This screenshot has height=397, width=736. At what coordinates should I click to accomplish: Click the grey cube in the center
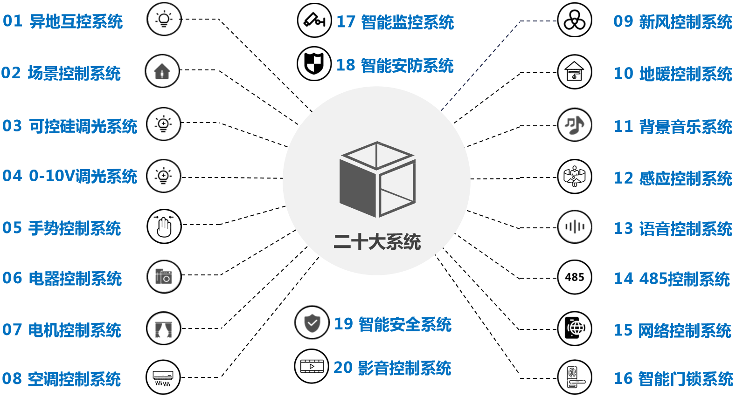point(377,179)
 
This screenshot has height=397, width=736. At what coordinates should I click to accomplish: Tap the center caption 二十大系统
point(377,242)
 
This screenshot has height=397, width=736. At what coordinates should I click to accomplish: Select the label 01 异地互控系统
point(63,22)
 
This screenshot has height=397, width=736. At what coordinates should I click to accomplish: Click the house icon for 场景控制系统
point(162,71)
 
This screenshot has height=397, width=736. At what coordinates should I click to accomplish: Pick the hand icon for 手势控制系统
point(164,226)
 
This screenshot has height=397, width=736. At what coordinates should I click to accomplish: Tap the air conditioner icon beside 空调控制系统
point(163,377)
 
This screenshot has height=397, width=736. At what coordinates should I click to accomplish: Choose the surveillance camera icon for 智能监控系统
point(314,21)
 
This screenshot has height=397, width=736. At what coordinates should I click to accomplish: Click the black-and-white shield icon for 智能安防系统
point(314,63)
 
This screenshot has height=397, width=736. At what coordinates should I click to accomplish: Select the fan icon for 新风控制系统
point(575,21)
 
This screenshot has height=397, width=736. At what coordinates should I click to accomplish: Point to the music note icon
point(575,125)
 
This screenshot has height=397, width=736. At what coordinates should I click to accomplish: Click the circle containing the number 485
point(575,277)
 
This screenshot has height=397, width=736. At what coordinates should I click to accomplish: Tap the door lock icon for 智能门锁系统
point(575,377)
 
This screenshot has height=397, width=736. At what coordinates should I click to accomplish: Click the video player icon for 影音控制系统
point(312,366)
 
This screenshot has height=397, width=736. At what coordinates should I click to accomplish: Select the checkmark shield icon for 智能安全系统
point(312,323)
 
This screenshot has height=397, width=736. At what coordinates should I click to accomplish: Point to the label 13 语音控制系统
point(673,228)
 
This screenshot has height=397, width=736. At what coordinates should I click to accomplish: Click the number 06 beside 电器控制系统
point(12,278)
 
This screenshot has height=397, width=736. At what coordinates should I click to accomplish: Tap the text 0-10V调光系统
point(83,176)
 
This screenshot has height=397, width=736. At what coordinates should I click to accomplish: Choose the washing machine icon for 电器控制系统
point(164,277)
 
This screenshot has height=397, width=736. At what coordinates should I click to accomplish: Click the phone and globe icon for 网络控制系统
point(575,329)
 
